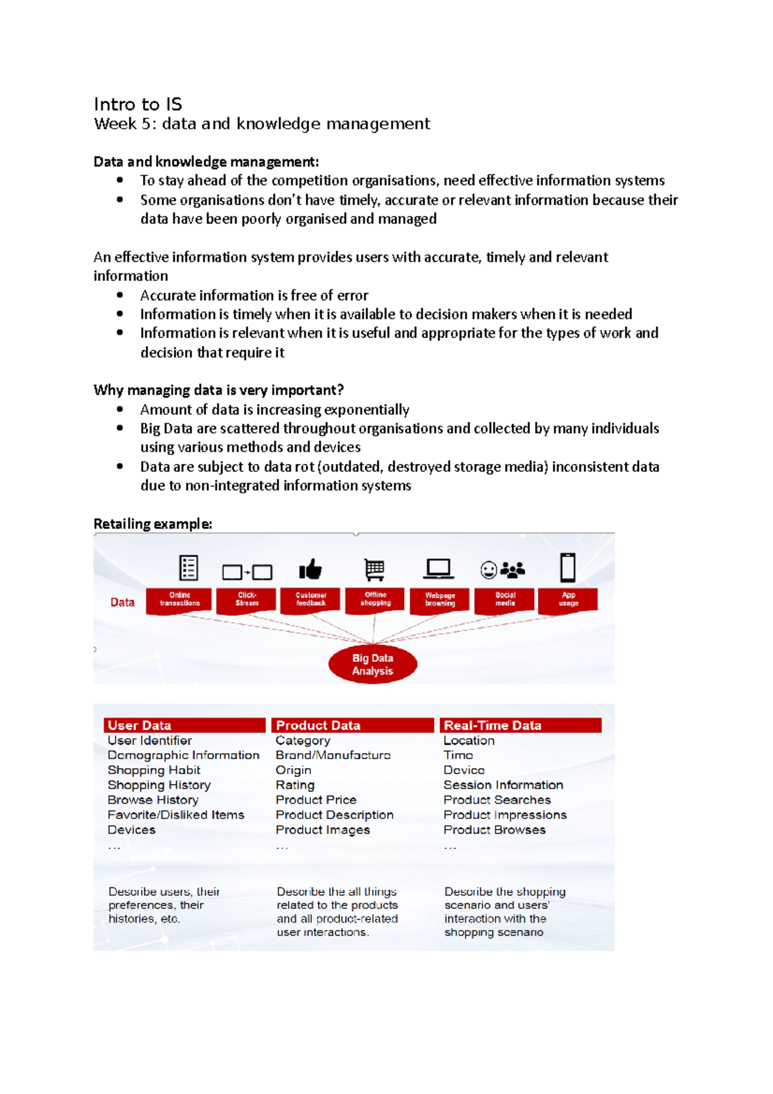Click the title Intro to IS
coord(138,104)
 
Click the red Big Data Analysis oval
coord(372,664)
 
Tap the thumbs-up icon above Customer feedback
coord(310,570)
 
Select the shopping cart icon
coord(374,570)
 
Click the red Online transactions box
coord(179,600)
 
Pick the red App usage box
coord(568,600)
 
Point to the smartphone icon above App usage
coord(568,568)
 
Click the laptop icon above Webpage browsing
coord(439,569)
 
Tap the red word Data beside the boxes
coord(122,602)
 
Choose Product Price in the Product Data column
coord(316,800)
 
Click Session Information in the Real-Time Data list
coord(503,785)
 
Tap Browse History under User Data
coord(153,800)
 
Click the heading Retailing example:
coord(153,524)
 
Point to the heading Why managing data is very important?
coord(218,390)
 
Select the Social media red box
coord(504,600)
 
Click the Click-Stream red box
coord(247,600)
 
